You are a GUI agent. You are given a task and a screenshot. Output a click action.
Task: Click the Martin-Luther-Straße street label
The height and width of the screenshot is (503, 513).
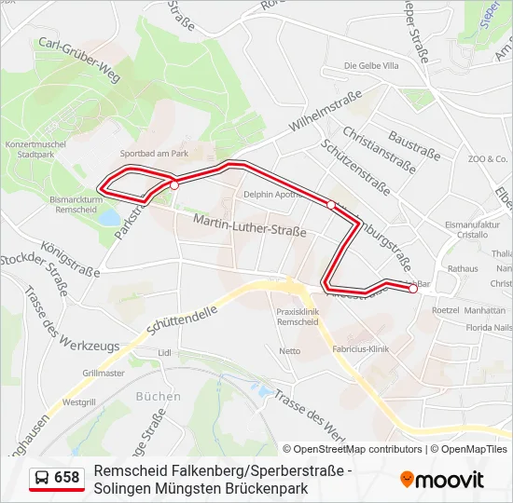coord(250,224)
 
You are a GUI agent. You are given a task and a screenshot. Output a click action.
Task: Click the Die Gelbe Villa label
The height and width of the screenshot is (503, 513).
coord(371,65)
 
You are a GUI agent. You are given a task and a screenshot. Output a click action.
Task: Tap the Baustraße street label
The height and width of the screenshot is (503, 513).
coord(413,143)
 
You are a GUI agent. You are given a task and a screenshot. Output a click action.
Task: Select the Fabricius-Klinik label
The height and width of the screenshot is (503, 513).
coord(360,349)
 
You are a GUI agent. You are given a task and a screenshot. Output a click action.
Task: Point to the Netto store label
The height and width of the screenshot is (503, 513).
coord(290,351)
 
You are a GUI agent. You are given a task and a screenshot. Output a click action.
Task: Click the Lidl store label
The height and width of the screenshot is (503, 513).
coord(165,353)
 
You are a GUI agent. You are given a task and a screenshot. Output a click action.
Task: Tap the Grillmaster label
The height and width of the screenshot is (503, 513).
coord(104,373)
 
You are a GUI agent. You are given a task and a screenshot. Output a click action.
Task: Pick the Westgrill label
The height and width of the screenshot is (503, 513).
coord(78,402)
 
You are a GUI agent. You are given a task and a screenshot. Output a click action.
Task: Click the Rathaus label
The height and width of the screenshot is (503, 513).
coord(463,268)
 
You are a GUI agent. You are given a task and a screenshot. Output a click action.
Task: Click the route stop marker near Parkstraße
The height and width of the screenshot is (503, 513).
coord(174,185)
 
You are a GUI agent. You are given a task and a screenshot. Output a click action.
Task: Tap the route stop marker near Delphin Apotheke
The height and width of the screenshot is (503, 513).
coord(331,205)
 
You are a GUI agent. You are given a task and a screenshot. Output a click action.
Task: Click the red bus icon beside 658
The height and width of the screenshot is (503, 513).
coord(42,478)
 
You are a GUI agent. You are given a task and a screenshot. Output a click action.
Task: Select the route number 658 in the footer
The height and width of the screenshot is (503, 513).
coord(67,478)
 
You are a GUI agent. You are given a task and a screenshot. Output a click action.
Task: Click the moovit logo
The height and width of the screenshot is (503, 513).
coord(442,480)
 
